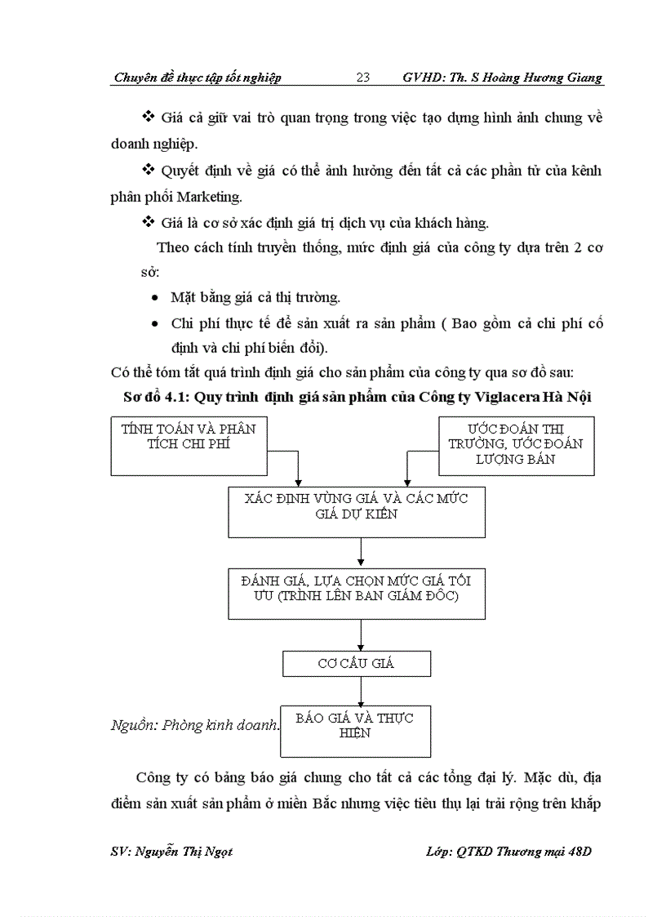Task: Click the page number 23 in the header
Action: click(362, 78)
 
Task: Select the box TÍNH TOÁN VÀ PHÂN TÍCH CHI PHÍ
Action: click(189, 446)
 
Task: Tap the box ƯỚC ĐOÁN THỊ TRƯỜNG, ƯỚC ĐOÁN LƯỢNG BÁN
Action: click(517, 446)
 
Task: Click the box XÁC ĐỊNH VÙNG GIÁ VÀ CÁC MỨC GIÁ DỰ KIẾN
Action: click(357, 512)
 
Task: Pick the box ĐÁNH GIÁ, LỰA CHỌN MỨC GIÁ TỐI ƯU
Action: click(357, 594)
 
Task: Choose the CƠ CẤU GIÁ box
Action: click(357, 664)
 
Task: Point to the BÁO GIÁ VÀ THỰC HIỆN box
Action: click(356, 732)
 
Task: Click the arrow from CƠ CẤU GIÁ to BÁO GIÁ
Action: click(361, 692)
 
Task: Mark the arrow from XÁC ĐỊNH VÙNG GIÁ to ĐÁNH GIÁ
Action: click(361, 553)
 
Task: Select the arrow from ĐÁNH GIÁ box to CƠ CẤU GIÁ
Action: click(361, 634)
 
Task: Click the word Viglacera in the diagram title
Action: click(507, 397)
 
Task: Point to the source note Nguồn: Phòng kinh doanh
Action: click(195, 725)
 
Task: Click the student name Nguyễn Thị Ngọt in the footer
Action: click(184, 852)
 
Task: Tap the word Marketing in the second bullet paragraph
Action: click(209, 197)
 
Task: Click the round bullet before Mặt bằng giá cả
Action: click(154, 298)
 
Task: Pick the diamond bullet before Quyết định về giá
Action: click(148, 170)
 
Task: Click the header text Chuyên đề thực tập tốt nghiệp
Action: click(198, 78)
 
